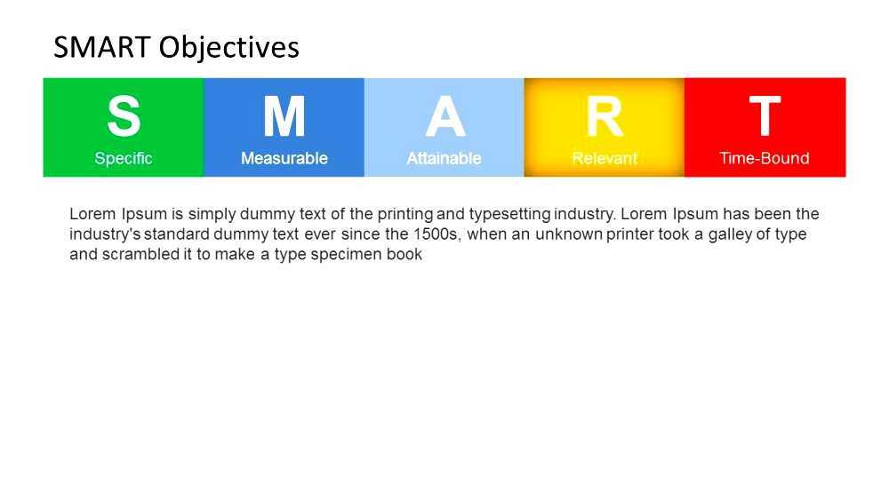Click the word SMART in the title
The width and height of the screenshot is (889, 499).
point(102,47)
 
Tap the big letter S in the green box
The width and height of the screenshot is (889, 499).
point(124,116)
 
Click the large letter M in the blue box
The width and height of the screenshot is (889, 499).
point(284,116)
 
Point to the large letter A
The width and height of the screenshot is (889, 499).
point(444,116)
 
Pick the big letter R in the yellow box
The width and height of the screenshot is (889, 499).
point(605,116)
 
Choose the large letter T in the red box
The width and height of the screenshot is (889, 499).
point(765,116)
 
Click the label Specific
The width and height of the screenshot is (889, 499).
point(124,159)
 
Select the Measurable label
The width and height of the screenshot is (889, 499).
point(284,159)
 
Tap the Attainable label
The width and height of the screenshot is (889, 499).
point(444,159)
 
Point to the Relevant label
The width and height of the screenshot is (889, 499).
point(605,159)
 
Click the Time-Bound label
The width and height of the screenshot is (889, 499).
point(765,159)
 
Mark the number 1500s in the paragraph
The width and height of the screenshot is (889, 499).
point(433,234)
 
